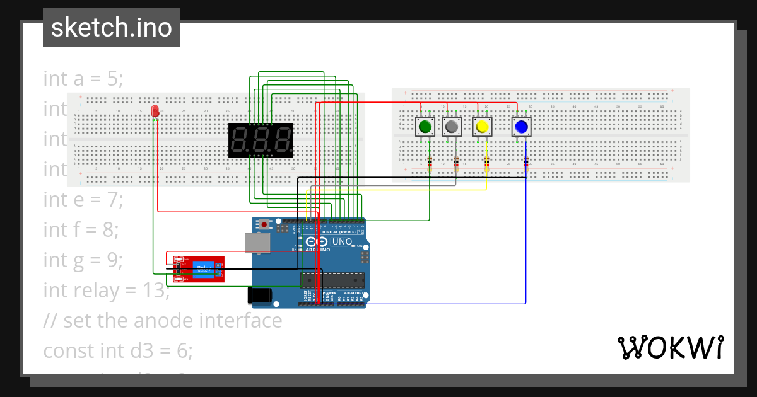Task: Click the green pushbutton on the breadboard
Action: (425, 127)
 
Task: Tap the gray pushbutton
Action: (452, 127)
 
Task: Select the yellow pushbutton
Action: (483, 127)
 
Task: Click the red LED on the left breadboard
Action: (155, 111)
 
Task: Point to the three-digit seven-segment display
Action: (261, 140)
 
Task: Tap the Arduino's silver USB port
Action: (257, 243)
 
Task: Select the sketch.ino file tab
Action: (112, 28)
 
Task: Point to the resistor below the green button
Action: (430, 165)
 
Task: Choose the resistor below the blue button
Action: (526, 165)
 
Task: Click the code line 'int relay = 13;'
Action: (105, 290)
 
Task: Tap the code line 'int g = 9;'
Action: (83, 260)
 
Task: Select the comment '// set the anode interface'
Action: (163, 320)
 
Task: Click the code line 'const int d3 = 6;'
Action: (118, 350)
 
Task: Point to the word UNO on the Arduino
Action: (342, 241)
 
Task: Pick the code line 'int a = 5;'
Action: (83, 79)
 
